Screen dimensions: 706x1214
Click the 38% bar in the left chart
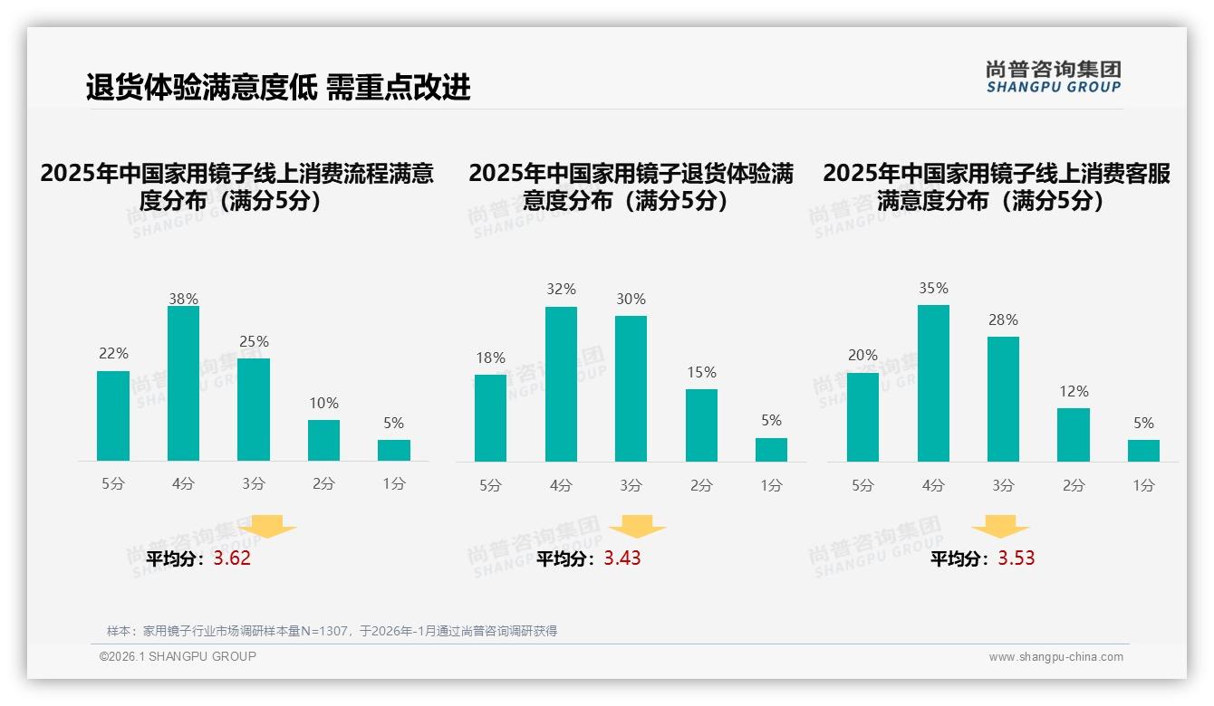183,384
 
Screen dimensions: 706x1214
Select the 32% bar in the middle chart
561,385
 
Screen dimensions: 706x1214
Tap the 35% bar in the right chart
933,384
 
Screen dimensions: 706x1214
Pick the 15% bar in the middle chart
701,425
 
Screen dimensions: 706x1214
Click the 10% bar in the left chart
323,441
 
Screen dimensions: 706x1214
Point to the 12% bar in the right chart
1074,435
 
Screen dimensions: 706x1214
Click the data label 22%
113,353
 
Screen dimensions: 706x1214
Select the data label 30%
631,299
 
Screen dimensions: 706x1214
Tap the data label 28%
1003,320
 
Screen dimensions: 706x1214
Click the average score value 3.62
232,558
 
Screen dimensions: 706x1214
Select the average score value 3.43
622,558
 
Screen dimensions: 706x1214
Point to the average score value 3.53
1016,558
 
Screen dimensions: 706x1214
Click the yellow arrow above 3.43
637,527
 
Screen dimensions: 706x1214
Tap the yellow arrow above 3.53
1000,527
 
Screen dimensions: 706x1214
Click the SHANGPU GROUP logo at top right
1053,77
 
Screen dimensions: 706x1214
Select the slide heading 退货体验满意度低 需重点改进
278,88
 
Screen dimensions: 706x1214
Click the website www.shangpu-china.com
1055,657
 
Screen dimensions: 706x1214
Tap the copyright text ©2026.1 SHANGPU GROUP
178,656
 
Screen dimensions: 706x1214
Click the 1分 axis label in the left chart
393,484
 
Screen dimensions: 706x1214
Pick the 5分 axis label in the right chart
862,486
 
